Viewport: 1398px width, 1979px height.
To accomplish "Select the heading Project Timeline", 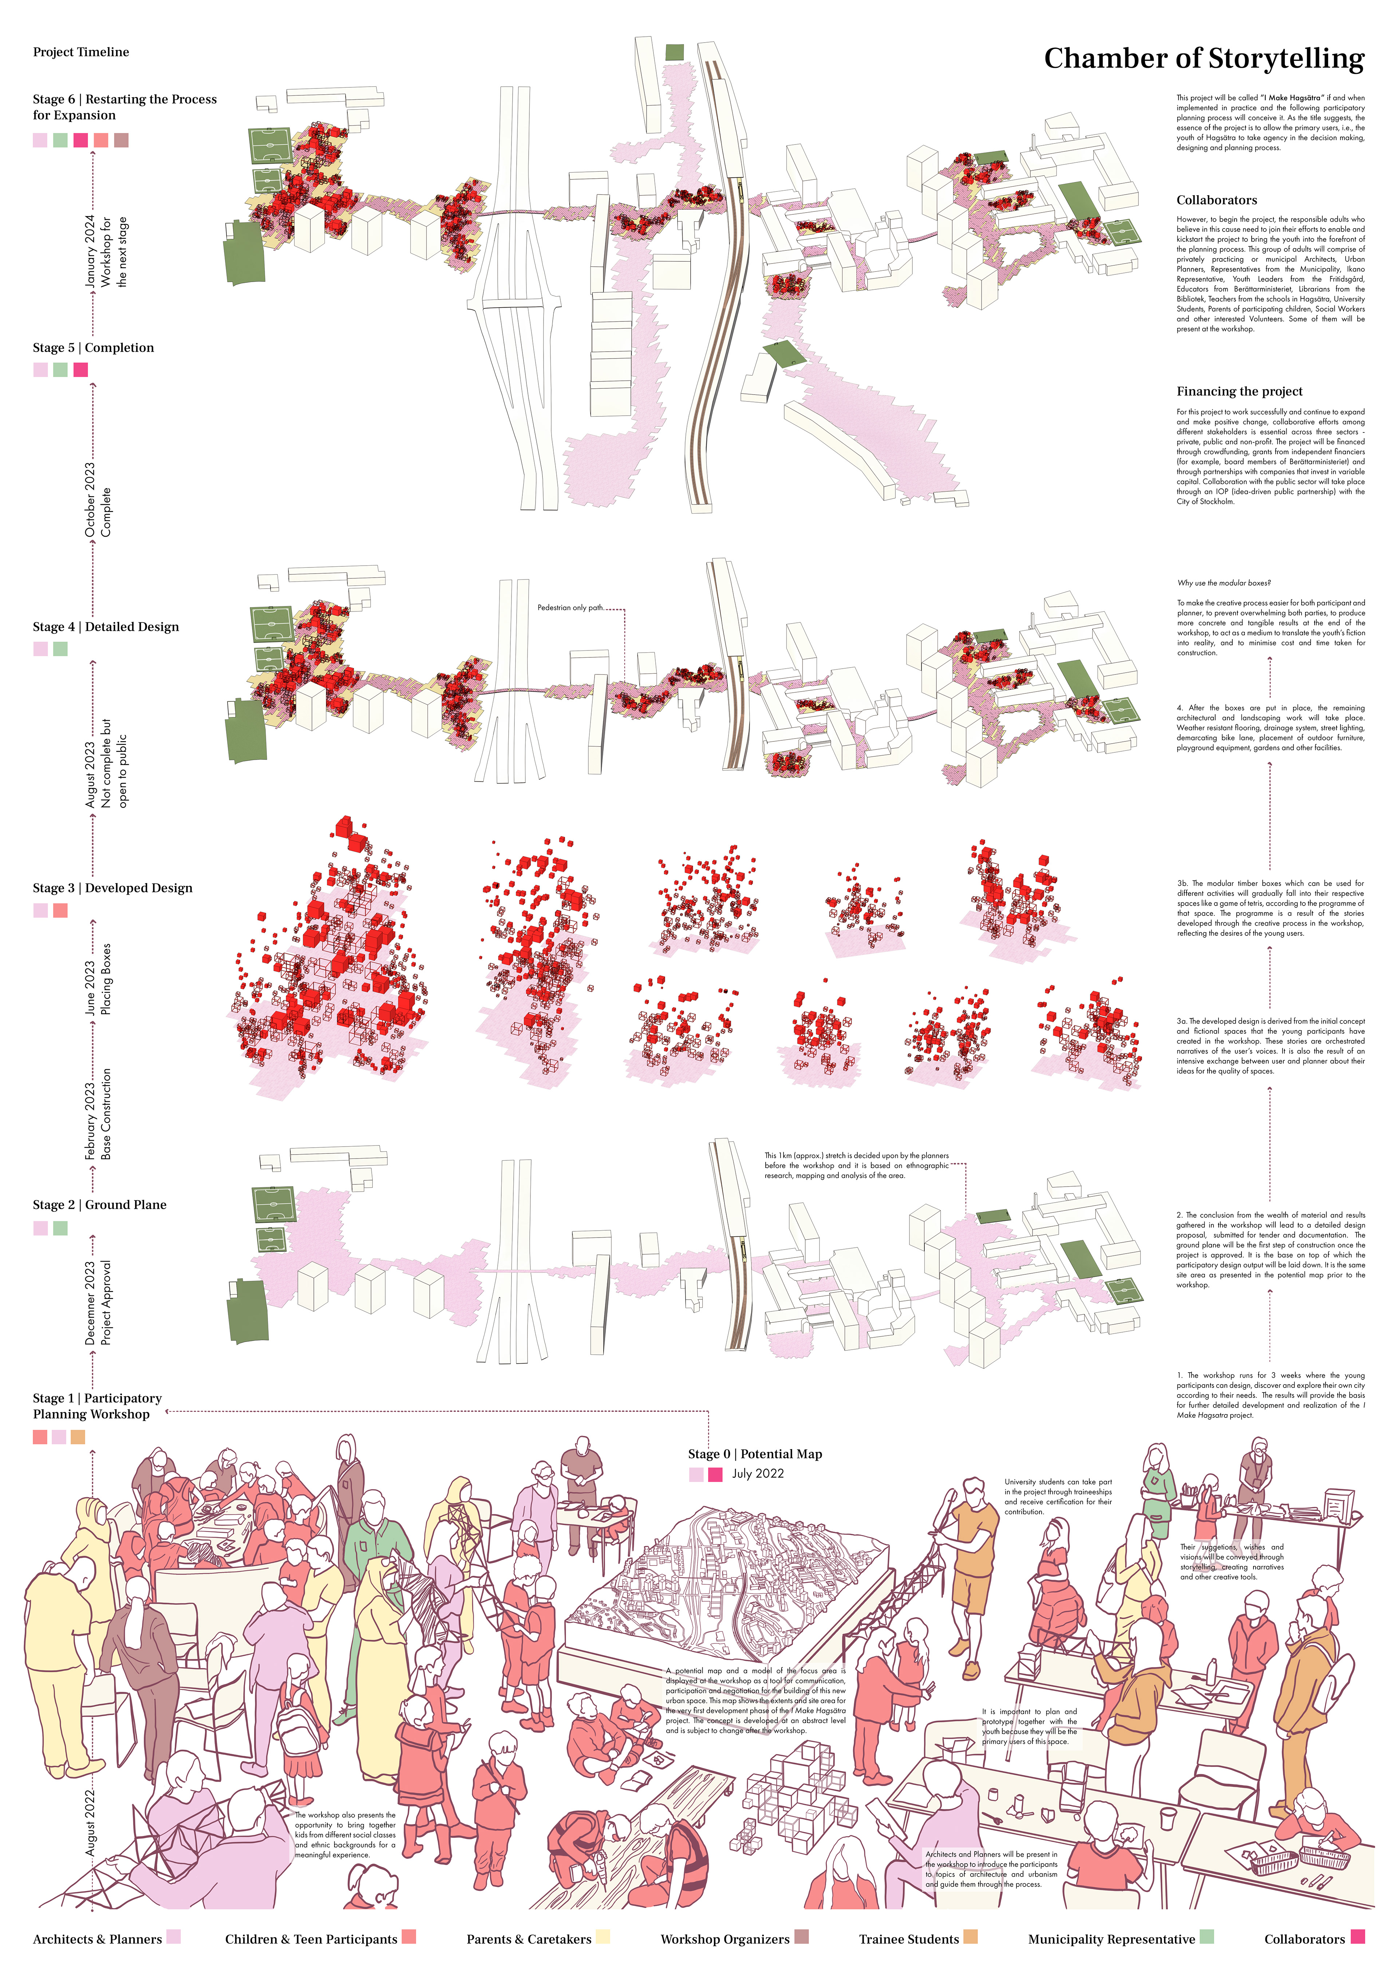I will [81, 52].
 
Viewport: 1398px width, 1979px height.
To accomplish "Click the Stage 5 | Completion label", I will [93, 348].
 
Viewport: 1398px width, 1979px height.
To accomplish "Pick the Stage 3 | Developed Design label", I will [112, 888].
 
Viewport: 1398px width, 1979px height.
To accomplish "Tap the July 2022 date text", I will [758, 1474].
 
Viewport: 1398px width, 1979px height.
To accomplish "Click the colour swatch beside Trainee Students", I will [969, 1937].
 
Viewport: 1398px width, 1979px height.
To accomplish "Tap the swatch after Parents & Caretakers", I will [603, 1937].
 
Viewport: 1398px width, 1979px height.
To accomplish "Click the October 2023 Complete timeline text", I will [98, 500].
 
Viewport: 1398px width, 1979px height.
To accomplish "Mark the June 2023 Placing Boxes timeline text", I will [98, 978].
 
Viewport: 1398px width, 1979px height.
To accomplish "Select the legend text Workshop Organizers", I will [724, 1939].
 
